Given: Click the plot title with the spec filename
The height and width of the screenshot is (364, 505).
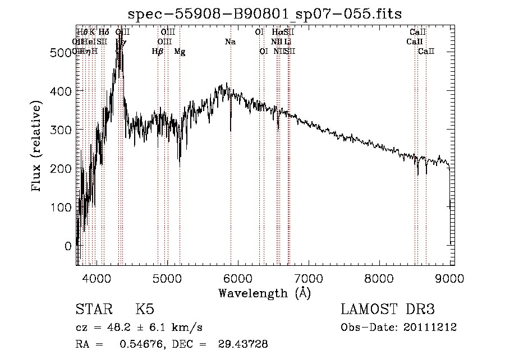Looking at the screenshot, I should [265, 13].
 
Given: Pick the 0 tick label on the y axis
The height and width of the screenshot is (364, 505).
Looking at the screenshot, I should [68, 246].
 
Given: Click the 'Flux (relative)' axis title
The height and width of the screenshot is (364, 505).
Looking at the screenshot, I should [38, 148].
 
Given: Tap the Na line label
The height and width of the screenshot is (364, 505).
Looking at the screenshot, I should [230, 42].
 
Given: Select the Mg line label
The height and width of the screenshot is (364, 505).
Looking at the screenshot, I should [180, 52].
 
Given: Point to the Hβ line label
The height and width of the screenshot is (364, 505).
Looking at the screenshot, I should [158, 52].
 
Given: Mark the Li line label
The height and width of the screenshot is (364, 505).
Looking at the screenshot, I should [288, 42].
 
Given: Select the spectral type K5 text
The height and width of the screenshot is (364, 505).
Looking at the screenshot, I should [145, 310].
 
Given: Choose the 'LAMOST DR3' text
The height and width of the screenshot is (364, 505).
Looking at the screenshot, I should [387, 310].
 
